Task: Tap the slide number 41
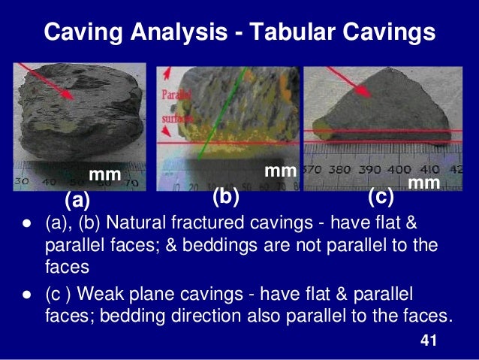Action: pyautogui.click(x=428, y=341)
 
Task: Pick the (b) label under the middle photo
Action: pyautogui.click(x=225, y=197)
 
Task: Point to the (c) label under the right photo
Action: pyautogui.click(x=381, y=197)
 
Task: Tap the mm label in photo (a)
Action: pyautogui.click(x=105, y=175)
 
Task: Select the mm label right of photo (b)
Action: pyautogui.click(x=280, y=171)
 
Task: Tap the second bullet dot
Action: pyautogui.click(x=26, y=294)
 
